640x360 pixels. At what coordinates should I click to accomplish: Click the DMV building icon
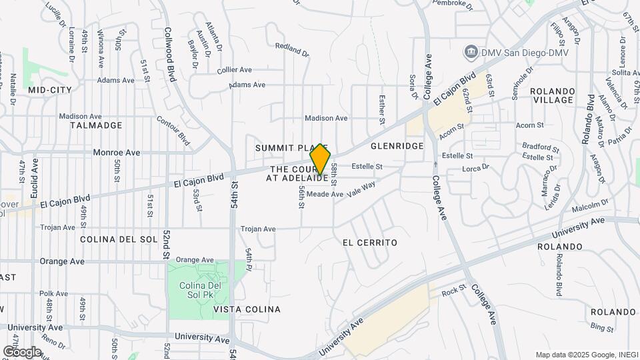[x=471, y=52]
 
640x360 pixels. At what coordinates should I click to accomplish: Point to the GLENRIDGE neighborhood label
[x=397, y=146]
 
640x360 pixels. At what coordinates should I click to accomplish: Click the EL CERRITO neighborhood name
[x=370, y=243]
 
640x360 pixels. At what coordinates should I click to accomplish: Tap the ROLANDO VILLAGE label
[x=552, y=95]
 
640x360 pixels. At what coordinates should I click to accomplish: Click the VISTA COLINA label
[x=247, y=309]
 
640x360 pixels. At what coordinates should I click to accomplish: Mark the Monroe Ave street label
[x=117, y=153]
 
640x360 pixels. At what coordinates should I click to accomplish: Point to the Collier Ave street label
[x=234, y=69]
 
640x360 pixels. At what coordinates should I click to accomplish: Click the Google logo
[x=22, y=351]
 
